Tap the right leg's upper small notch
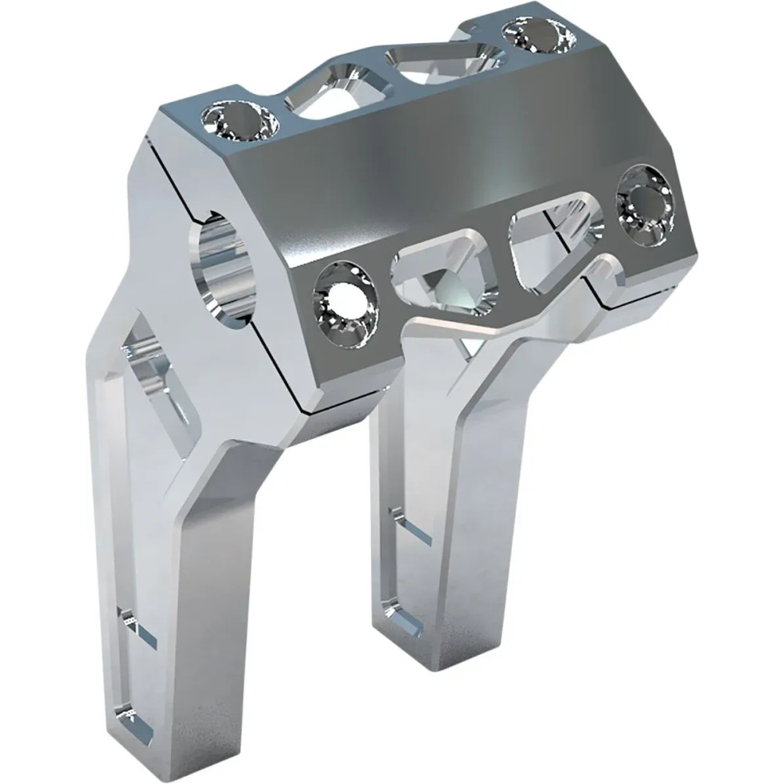tap(412, 525)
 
